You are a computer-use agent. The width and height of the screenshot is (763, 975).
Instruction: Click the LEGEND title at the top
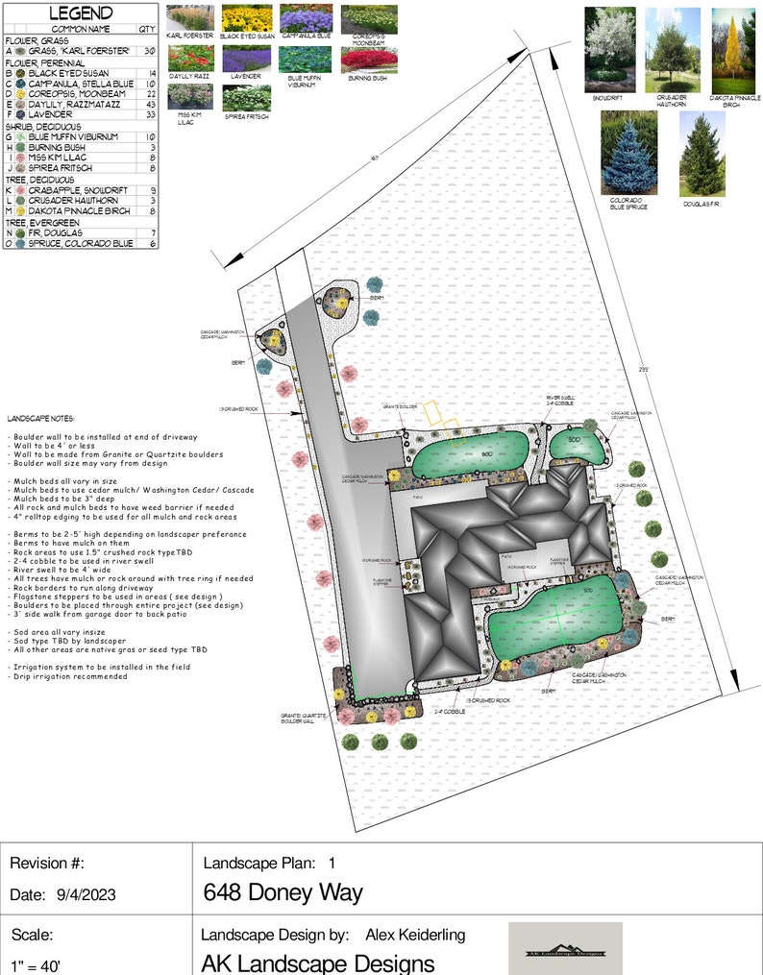tap(81, 13)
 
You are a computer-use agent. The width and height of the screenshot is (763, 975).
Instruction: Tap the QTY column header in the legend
tap(147, 29)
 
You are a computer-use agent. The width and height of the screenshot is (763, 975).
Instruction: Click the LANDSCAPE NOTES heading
tap(40, 420)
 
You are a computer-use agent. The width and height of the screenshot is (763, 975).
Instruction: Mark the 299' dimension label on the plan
tap(643, 369)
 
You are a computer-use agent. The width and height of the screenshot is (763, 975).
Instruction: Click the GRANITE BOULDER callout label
tap(401, 407)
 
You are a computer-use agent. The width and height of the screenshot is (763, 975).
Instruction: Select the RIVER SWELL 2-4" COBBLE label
tap(560, 400)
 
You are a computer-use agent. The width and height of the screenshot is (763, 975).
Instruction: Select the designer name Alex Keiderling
tap(415, 935)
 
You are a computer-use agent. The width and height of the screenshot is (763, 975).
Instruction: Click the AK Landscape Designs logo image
tap(565, 949)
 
